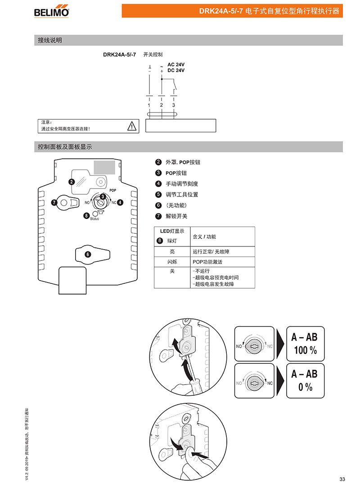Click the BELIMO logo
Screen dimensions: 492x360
click(51, 11)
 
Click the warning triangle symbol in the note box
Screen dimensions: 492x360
click(131, 126)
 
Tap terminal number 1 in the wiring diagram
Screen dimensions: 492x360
click(149, 105)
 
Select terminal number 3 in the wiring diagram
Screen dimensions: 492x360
click(174, 105)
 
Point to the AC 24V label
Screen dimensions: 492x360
click(176, 65)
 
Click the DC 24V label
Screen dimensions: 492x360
click(176, 71)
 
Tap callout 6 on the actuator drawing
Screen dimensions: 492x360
click(88, 254)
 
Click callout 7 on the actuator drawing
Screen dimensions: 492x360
click(54, 203)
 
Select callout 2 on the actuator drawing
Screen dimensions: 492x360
click(71, 182)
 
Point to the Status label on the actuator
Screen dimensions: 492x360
click(94, 219)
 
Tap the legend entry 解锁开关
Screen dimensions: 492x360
click(176, 216)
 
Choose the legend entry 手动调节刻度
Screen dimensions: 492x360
click(182, 183)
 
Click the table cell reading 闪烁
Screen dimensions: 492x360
click(172, 262)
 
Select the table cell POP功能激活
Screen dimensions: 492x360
click(207, 262)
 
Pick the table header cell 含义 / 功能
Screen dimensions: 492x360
click(204, 237)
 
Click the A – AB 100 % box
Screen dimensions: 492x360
click(305, 343)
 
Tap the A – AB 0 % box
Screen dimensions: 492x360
click(305, 380)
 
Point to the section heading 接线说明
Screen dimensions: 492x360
click(50, 40)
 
